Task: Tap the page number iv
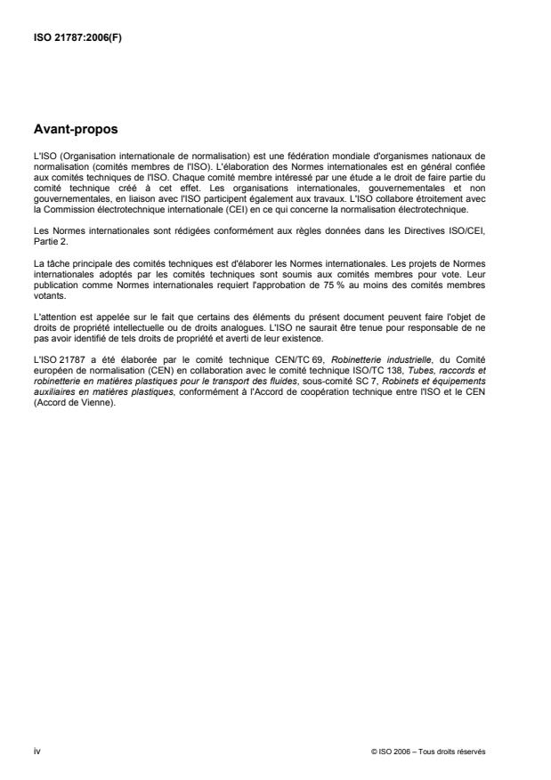coord(36,751)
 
